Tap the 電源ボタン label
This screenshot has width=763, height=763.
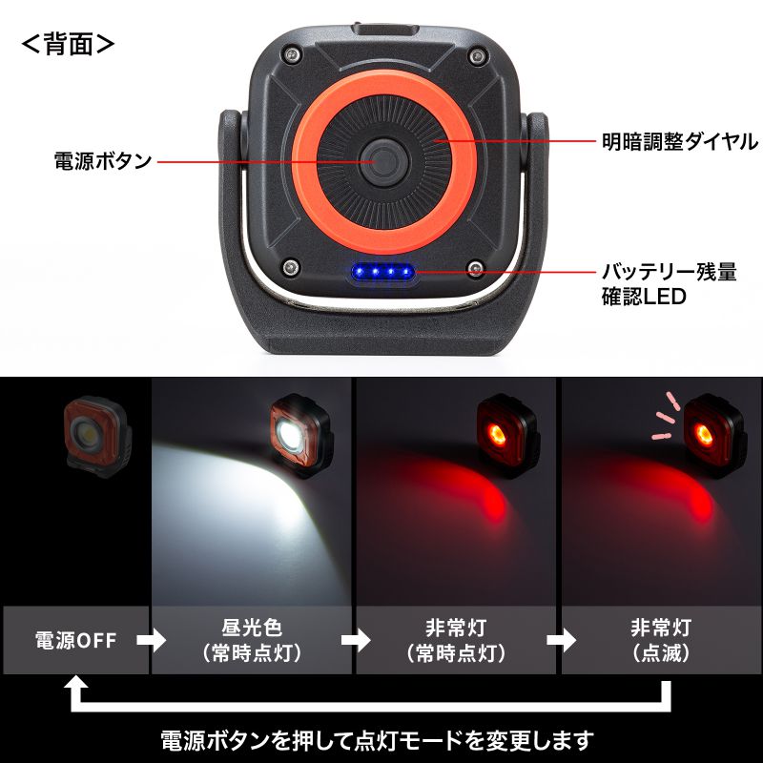tap(103, 161)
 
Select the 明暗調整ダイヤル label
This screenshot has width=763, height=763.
tap(680, 142)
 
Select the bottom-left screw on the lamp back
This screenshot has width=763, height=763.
tap(289, 267)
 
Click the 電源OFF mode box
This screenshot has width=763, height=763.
tap(75, 640)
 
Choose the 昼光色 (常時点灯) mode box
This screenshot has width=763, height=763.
tap(252, 640)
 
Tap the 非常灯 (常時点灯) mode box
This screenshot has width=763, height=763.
tap(456, 640)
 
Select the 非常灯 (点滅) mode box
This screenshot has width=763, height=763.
tap(661, 640)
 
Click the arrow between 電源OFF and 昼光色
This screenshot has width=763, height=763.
tap(151, 640)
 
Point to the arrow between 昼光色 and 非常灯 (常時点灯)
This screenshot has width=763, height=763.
tap(355, 640)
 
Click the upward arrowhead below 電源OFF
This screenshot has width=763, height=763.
tap(75, 689)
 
